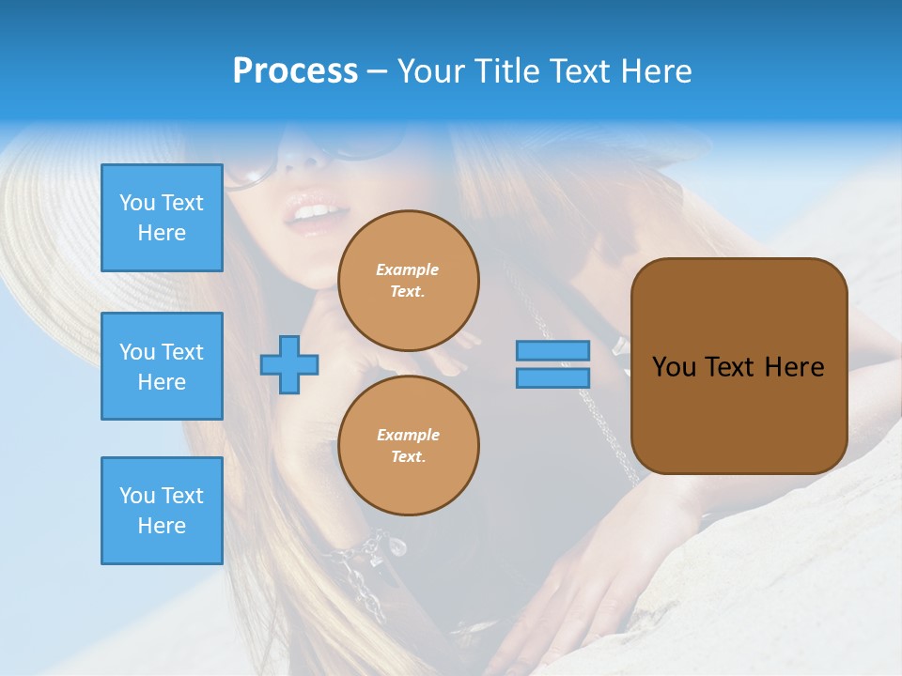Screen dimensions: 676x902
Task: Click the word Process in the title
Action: click(x=295, y=71)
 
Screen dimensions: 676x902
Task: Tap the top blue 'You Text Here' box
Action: click(x=162, y=218)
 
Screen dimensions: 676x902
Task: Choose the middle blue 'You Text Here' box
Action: click(x=162, y=366)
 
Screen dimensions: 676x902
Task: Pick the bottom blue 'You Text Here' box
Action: click(x=162, y=511)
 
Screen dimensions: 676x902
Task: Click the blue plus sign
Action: click(x=289, y=364)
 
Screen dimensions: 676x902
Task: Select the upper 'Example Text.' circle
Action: click(x=408, y=281)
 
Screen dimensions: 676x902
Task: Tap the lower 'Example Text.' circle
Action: click(x=408, y=446)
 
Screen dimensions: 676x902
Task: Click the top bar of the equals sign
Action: click(x=552, y=350)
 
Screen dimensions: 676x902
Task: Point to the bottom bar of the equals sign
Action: click(x=552, y=378)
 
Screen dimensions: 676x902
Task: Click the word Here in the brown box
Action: click(x=794, y=367)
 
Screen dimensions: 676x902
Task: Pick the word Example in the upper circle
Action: click(x=408, y=270)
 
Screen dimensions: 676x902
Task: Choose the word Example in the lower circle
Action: click(x=408, y=436)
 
